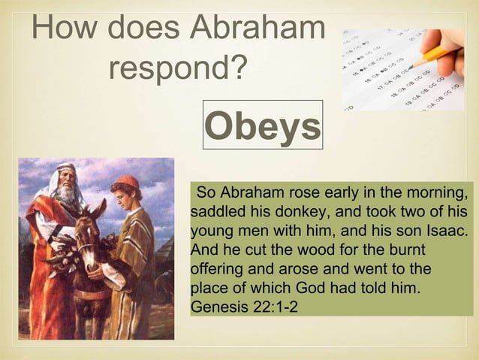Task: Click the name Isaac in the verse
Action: click(445, 228)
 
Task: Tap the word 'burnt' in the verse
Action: click(405, 248)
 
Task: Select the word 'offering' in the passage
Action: click(218, 268)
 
